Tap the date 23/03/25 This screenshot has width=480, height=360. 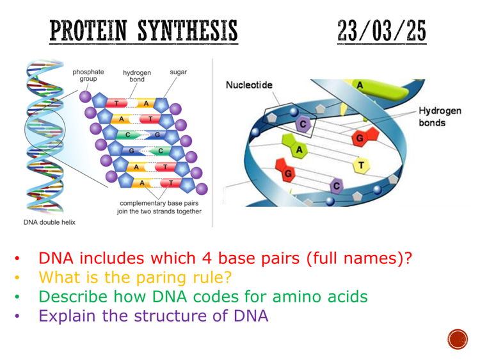[381, 31]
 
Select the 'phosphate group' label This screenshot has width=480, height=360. [88, 76]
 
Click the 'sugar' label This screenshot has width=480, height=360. [179, 72]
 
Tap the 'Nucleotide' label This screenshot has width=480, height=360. [250, 85]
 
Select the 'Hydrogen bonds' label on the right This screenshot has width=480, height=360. [440, 117]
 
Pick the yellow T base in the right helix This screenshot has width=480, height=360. [361, 165]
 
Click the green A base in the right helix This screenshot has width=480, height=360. [298, 149]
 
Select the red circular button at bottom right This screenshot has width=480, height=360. [458, 339]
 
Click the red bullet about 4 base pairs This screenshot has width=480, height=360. [225, 259]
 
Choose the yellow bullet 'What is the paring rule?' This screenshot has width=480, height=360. [134, 278]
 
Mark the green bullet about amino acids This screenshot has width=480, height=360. [203, 297]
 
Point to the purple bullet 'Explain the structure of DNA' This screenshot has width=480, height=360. [153, 316]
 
